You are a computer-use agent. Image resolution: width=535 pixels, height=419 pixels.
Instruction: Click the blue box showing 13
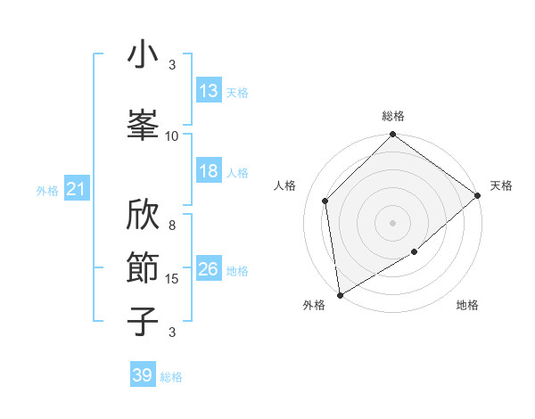[209, 91]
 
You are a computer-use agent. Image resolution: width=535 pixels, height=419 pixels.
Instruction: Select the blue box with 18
[209, 171]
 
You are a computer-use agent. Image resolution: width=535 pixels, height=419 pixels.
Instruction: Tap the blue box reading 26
[209, 269]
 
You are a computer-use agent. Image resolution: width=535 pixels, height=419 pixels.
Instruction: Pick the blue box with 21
[76, 189]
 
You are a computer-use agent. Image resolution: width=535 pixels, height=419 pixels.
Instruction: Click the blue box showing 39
[143, 375]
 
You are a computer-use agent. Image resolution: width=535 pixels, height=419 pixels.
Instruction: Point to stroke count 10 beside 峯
[172, 136]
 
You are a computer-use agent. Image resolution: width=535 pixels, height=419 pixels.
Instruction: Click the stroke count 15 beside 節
[172, 279]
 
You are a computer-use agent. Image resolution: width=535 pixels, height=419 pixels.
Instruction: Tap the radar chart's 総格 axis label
[393, 116]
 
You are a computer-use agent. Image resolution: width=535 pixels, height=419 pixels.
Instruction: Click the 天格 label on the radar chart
[501, 185]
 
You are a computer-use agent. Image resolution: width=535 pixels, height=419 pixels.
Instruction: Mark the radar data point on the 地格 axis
[415, 252]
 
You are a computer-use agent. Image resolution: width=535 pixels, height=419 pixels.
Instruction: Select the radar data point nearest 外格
[340, 294]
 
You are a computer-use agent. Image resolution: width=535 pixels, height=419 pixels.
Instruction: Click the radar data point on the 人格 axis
[325, 201]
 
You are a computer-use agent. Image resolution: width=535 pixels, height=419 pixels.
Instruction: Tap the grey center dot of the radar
[393, 222]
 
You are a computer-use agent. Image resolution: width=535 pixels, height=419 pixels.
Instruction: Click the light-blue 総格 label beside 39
[171, 377]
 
